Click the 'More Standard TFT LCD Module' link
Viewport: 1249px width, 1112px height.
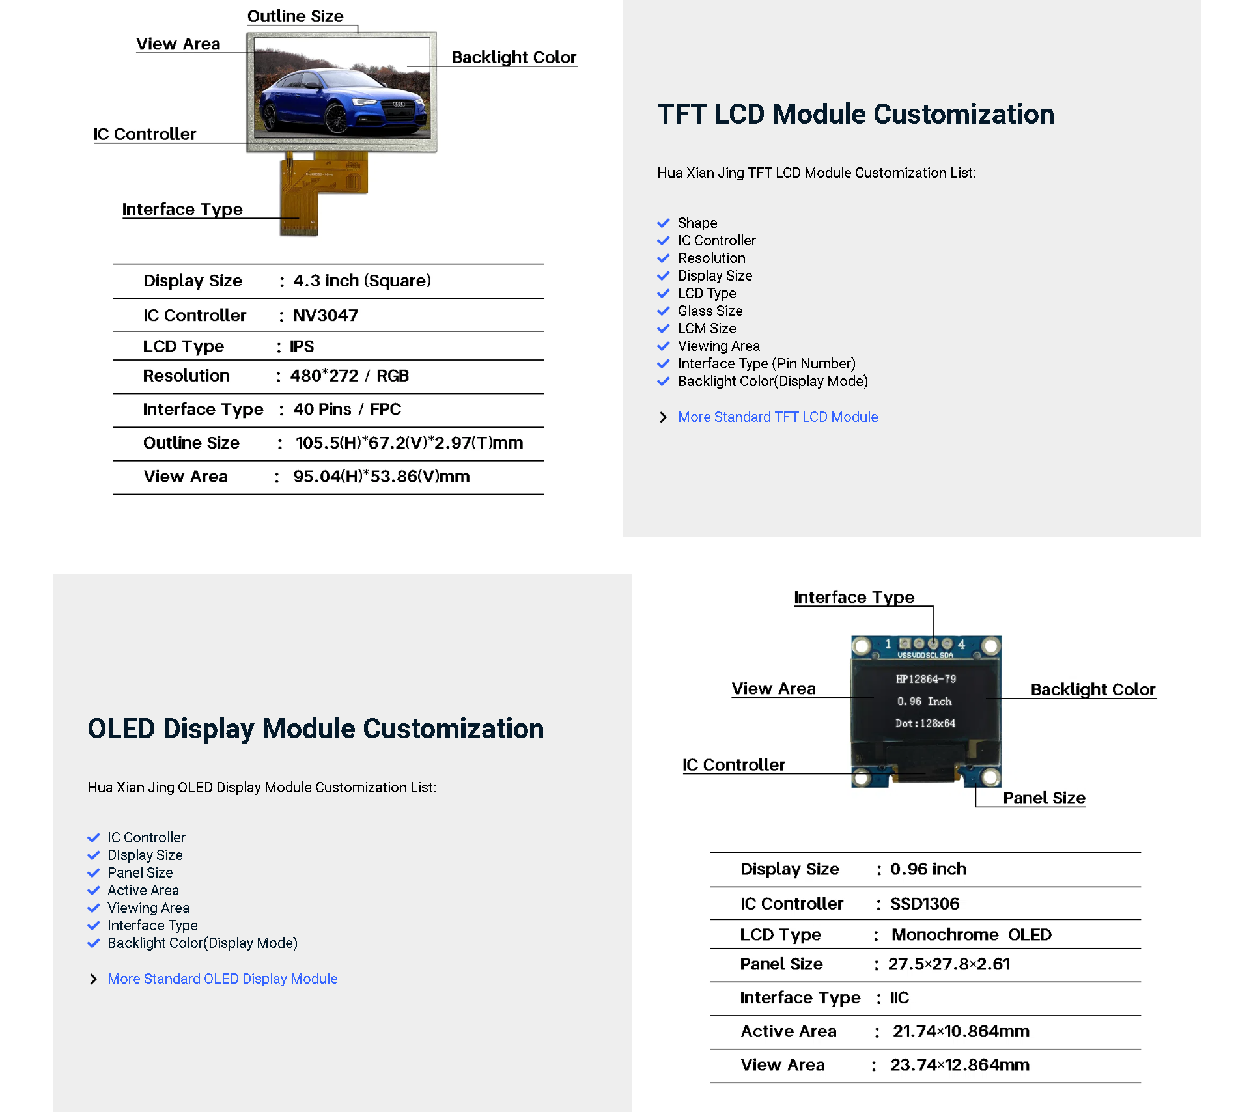click(778, 417)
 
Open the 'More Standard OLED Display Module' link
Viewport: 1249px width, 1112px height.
click(222, 979)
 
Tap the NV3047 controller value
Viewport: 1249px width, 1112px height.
click(325, 315)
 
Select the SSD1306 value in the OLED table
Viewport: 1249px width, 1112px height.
click(924, 904)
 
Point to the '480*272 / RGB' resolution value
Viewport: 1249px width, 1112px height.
click(349, 376)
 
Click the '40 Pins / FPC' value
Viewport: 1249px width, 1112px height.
click(346, 409)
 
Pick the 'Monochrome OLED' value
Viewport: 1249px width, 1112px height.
click(971, 934)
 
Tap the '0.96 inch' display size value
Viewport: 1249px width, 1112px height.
click(927, 869)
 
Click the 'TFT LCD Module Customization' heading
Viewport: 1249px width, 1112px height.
click(855, 114)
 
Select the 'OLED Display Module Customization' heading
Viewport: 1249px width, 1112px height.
click(315, 729)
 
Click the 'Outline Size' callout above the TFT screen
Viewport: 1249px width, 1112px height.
click(295, 16)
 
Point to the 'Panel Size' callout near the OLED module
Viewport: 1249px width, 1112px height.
click(1043, 798)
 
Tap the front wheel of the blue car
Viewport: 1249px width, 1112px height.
click(337, 119)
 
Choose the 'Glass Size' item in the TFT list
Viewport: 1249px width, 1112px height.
click(710, 311)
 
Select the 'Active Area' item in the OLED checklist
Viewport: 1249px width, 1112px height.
click(143, 890)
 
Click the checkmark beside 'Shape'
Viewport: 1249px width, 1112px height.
click(663, 223)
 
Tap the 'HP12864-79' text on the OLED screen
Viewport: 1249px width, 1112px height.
click(925, 679)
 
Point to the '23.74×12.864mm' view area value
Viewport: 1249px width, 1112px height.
click(959, 1065)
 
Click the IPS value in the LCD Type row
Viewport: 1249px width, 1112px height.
click(302, 346)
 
